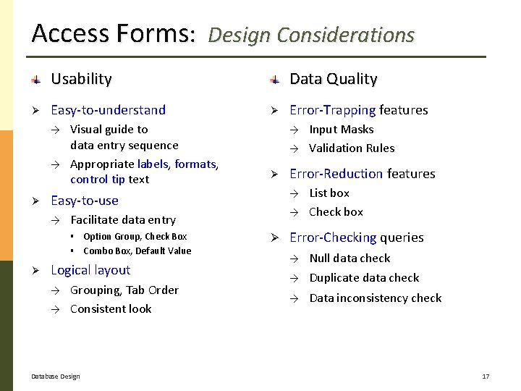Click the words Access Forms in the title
point(112,33)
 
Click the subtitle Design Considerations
point(311,35)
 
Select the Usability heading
point(81,79)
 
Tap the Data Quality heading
point(333,79)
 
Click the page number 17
point(486,377)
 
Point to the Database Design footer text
point(56,377)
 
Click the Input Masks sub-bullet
point(341,130)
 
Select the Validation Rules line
point(352,148)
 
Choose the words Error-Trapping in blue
point(332,110)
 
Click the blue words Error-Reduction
point(336,174)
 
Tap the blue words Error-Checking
point(333,237)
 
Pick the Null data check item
point(350,258)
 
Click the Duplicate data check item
point(364,278)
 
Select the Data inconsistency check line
point(375,298)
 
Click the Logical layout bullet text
point(90,270)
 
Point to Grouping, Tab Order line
point(124,290)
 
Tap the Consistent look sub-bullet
point(111,309)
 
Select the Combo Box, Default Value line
point(137,251)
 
